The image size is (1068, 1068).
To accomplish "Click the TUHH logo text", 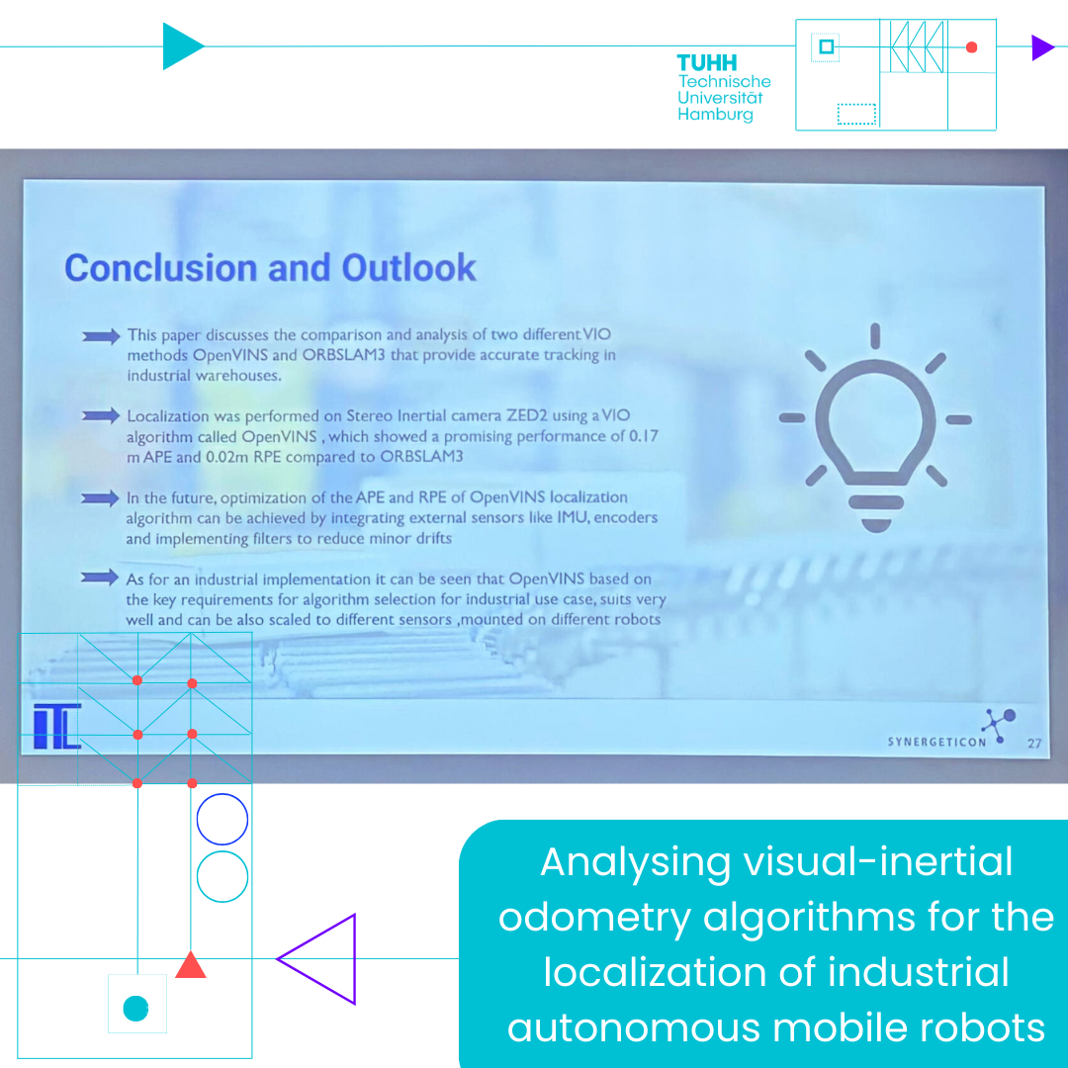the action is tap(707, 62).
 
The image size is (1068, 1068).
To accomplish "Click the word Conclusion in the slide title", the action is tap(161, 268).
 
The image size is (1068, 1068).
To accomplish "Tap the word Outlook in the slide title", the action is tap(408, 268).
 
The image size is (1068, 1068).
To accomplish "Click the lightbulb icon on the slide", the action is tap(875, 428).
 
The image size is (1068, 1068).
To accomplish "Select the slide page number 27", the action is tap(1034, 743).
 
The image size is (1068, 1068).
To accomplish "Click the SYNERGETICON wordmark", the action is tap(936, 742).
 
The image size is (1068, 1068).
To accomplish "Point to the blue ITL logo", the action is tap(57, 726).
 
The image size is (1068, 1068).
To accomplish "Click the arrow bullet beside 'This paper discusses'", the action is tap(101, 336).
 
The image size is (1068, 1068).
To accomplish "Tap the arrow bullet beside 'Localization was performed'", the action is tap(101, 416).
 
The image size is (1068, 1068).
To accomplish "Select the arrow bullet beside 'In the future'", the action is tap(100, 497).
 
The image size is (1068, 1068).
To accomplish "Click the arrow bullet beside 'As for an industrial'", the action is tap(100, 578).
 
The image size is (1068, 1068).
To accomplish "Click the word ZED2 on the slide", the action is tap(526, 415).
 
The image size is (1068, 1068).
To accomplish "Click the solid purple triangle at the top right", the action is tap(1043, 47).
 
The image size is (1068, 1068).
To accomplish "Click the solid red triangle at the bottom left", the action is tap(191, 965).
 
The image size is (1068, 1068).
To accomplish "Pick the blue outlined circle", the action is tap(222, 819).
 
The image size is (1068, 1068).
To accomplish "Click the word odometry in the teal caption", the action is tap(594, 918).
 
